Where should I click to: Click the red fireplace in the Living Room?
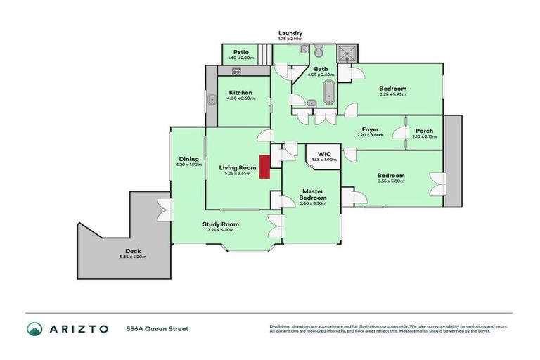pyautogui.click(x=265, y=167)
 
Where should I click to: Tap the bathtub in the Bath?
pyautogui.click(x=328, y=92)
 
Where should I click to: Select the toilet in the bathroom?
pyautogui.click(x=318, y=51)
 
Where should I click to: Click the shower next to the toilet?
pyautogui.click(x=347, y=52)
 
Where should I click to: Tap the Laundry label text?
pyautogui.click(x=290, y=33)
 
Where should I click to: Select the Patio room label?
pyautogui.click(x=242, y=52)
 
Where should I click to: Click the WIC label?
pyautogui.click(x=324, y=153)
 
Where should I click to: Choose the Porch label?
pyautogui.click(x=424, y=130)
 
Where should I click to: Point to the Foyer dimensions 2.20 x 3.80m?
pyautogui.click(x=371, y=136)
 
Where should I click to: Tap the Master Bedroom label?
pyautogui.click(x=311, y=195)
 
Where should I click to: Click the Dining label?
pyautogui.click(x=188, y=159)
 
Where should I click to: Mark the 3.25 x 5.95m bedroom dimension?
pyautogui.click(x=393, y=94)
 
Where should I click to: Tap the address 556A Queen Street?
pyautogui.click(x=157, y=328)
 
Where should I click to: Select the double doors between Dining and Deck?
pyautogui.click(x=166, y=209)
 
